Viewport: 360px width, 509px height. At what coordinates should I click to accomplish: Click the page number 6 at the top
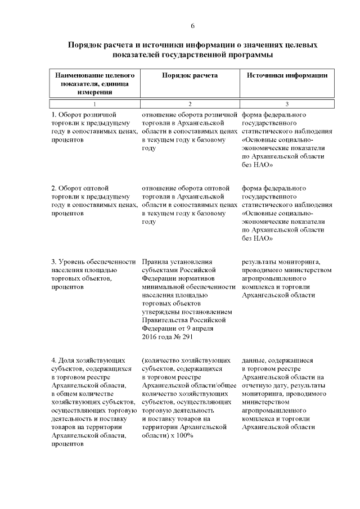[x=192, y=26]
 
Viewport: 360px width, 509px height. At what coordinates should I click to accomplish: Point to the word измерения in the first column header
[x=94, y=92]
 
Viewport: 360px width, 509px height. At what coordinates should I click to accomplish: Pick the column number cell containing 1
[x=94, y=104]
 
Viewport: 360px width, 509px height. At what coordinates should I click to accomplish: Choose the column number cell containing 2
[x=190, y=104]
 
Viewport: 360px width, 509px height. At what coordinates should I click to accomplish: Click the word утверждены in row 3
[x=163, y=311]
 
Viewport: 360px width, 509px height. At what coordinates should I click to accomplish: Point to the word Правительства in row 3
[x=168, y=319]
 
